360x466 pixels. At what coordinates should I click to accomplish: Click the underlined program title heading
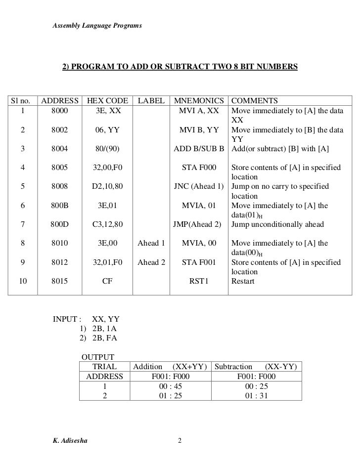pyautogui.click(x=180, y=66)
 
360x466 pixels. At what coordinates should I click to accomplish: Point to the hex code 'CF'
pyautogui.click(x=108, y=282)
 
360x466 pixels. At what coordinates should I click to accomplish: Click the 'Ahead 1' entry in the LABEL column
pyautogui.click(x=151, y=244)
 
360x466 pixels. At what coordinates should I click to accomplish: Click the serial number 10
pyautogui.click(x=23, y=282)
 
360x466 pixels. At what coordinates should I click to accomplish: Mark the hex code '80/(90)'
pyautogui.click(x=108, y=149)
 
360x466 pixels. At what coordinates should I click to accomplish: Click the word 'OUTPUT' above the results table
pyautogui.click(x=98, y=357)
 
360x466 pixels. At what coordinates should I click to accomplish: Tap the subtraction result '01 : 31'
pyautogui.click(x=257, y=395)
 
